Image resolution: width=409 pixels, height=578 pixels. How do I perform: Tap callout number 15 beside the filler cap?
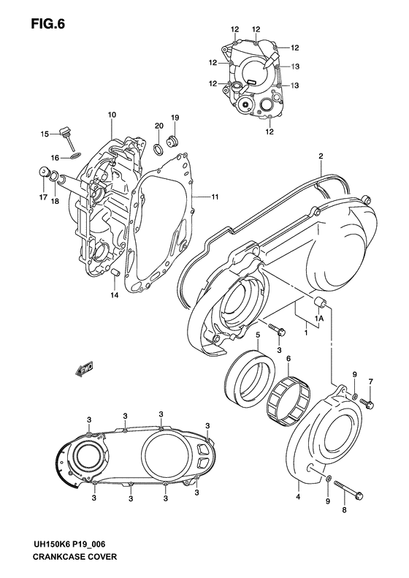pos(45,134)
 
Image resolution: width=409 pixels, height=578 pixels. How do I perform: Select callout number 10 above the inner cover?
pos(112,115)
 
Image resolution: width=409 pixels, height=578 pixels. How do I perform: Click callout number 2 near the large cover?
pos(321,156)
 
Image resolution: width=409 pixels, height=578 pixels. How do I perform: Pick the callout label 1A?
pos(319,319)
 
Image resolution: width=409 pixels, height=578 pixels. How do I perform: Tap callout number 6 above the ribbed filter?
pos(288,359)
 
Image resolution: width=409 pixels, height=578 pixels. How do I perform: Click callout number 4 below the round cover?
pos(297,497)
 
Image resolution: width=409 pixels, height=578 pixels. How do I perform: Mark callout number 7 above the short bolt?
pos(370,381)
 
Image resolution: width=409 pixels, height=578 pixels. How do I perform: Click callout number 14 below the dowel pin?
pos(113,294)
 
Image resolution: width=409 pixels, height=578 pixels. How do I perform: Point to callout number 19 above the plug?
pos(175,118)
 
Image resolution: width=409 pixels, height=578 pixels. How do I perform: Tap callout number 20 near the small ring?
pos(158,126)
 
